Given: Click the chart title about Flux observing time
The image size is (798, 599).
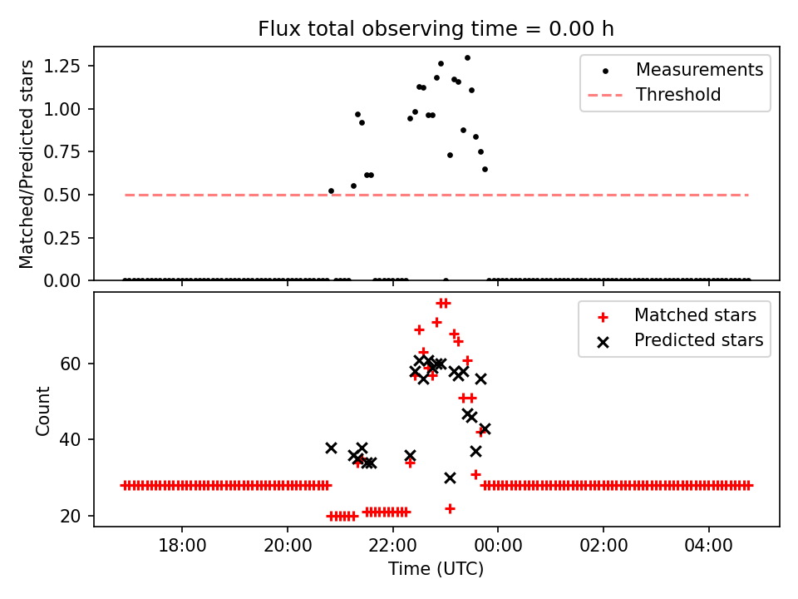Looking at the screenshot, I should [x=436, y=29].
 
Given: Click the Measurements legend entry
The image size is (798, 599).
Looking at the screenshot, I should [x=699, y=70].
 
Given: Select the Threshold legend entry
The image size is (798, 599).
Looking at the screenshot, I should [x=678, y=95].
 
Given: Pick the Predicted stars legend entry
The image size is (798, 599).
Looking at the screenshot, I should [x=698, y=339].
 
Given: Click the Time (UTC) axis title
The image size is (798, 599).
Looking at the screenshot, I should [x=436, y=570].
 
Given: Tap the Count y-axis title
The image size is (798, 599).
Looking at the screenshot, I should [x=43, y=409].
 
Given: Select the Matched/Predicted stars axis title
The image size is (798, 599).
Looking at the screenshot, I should [x=27, y=164].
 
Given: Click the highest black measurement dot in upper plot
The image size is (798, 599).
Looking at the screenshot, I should [x=467, y=58].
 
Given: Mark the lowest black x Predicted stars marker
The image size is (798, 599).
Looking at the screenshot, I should [x=450, y=478].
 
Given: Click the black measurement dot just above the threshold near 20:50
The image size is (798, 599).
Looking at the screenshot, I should [x=331, y=191].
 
